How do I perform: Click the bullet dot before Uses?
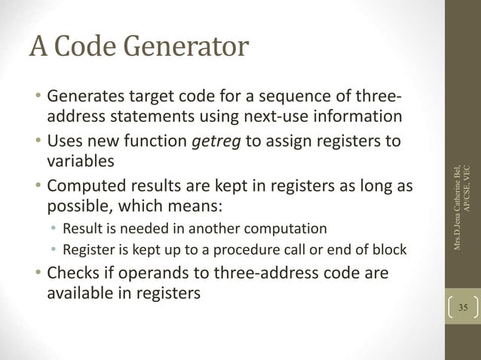pyautogui.click(x=37, y=143)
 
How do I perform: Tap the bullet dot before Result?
pyautogui.click(x=54, y=228)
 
